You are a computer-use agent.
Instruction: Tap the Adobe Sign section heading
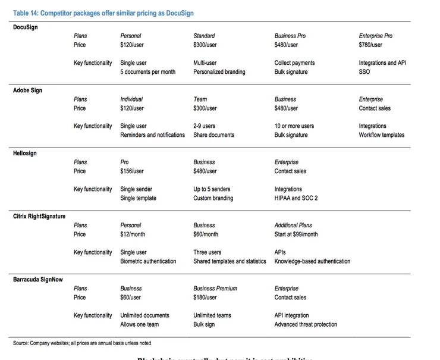[28, 90]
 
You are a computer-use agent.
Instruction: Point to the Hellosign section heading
[25, 153]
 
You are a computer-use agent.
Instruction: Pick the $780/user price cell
[370, 45]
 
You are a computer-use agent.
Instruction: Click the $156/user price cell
[132, 171]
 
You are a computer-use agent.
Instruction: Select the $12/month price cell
[133, 234]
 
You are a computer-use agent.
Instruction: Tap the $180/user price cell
[205, 298]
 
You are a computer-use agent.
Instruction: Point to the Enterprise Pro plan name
[376, 36]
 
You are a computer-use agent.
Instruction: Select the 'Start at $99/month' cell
[296, 234]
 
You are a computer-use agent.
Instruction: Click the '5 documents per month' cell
[148, 72]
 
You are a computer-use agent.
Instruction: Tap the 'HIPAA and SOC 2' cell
[296, 198]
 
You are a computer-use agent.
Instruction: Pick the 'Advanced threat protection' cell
[306, 325]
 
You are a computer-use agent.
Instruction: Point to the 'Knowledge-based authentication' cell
[312, 261]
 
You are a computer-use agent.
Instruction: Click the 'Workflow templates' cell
[381, 135]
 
